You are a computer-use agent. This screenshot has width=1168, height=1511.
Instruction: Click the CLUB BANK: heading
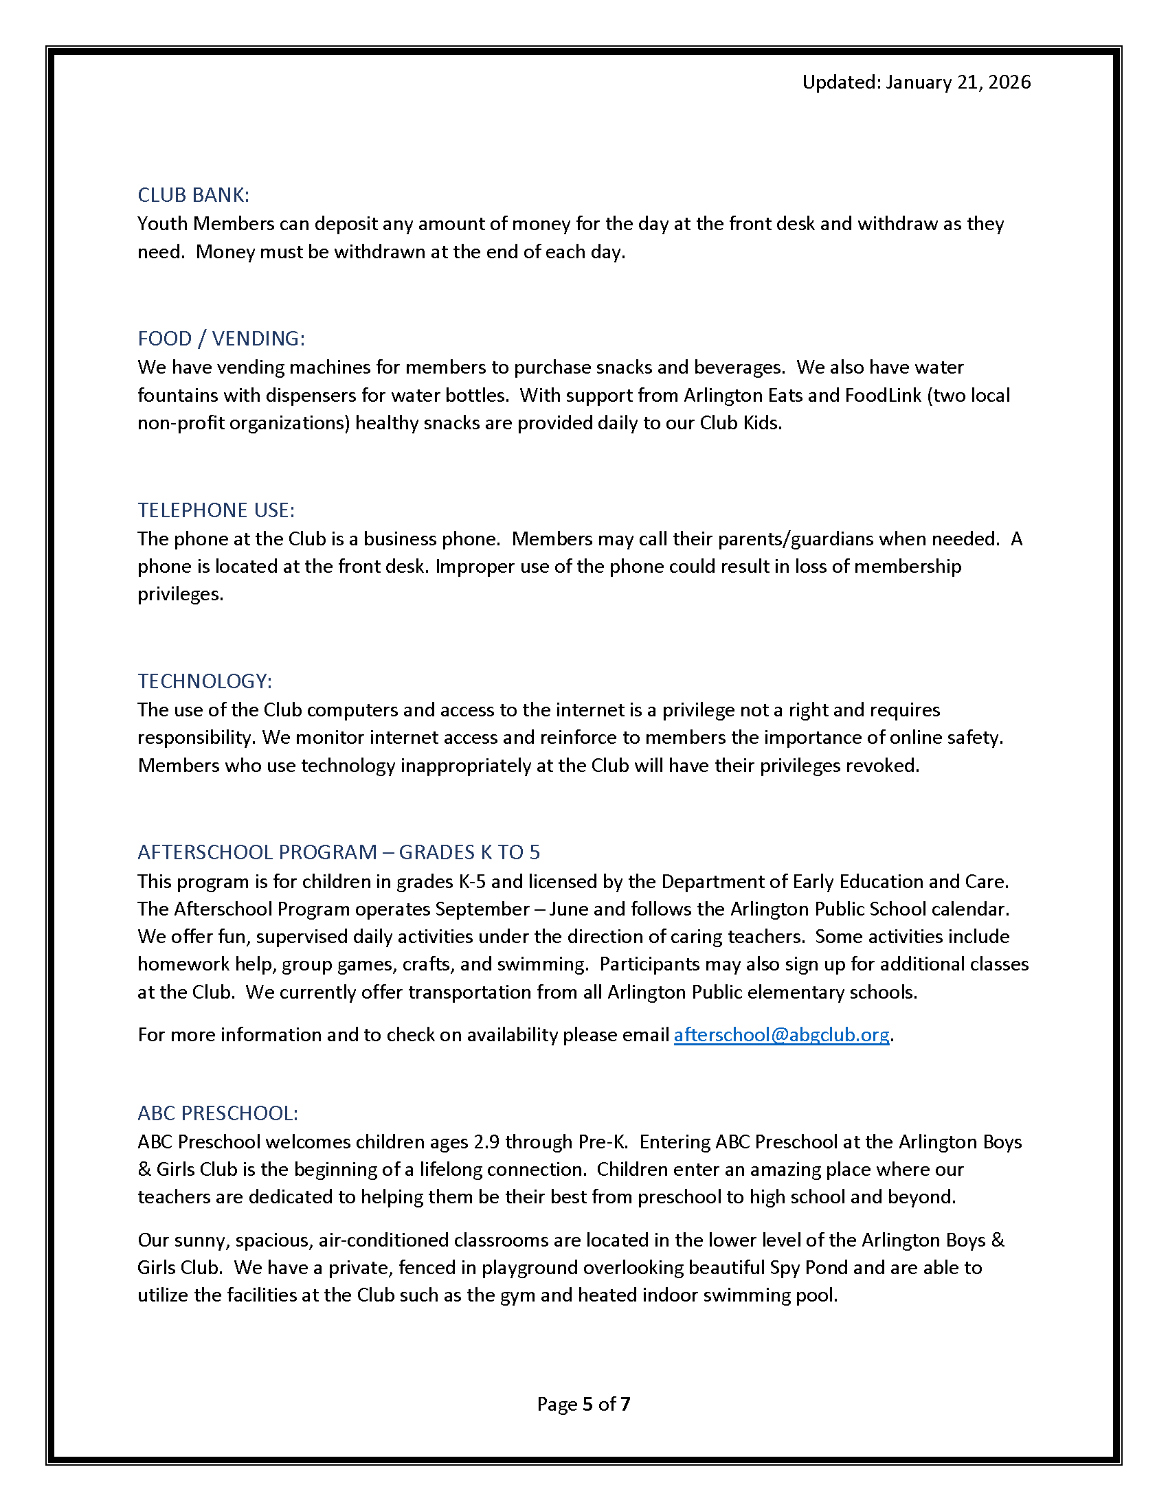[x=193, y=195]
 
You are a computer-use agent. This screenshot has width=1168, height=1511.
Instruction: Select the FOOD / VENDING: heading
[x=221, y=339]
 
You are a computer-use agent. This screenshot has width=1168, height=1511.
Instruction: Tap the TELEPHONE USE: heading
[x=216, y=510]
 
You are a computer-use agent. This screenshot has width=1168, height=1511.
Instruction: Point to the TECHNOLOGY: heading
[x=205, y=681]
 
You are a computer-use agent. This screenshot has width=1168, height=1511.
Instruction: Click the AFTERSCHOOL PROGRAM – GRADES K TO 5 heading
[x=338, y=852]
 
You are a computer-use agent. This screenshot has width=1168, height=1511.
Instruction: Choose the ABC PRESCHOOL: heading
[x=217, y=1113]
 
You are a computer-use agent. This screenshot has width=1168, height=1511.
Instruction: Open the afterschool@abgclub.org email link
[x=781, y=1034]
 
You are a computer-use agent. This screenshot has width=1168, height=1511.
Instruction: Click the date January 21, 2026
[x=958, y=82]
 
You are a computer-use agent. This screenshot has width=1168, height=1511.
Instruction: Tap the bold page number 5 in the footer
[x=587, y=1404]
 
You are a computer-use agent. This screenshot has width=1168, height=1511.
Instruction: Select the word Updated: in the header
[x=841, y=82]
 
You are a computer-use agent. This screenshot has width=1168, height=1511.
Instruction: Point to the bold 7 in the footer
[x=625, y=1404]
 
